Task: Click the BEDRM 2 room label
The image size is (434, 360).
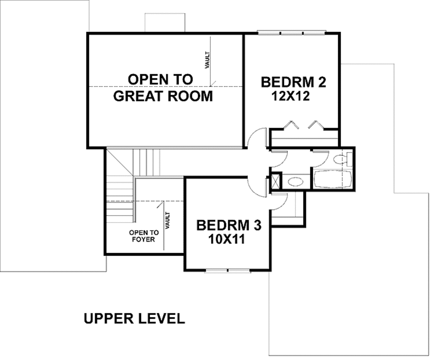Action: tap(293, 82)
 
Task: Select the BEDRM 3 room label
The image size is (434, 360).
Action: tap(228, 225)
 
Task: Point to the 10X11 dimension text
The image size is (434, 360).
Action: tap(227, 240)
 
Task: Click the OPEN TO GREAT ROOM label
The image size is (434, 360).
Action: tap(162, 88)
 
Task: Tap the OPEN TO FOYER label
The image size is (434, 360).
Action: tap(144, 236)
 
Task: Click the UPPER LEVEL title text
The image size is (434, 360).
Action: tap(134, 318)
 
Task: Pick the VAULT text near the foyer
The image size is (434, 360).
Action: tap(167, 220)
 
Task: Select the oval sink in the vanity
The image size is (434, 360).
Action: tap(295, 182)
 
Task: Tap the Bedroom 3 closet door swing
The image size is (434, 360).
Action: tap(280, 201)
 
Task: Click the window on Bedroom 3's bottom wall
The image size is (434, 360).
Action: tap(228, 270)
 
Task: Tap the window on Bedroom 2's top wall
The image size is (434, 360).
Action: tap(291, 32)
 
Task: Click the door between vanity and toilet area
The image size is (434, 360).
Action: tap(320, 158)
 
